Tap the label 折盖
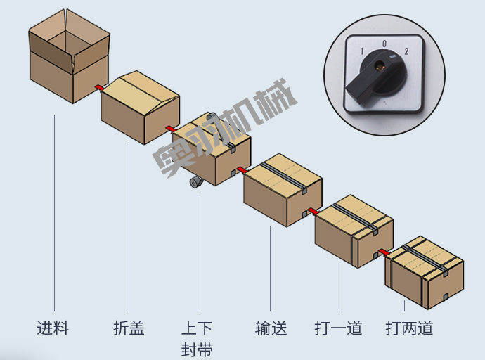(x=129, y=328)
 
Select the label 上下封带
(x=197, y=338)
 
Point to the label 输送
(x=271, y=328)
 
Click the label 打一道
(x=338, y=328)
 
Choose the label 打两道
(x=409, y=328)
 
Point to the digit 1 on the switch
(x=362, y=51)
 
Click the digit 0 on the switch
(x=384, y=44)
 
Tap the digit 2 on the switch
(x=406, y=51)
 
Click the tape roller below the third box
(x=195, y=183)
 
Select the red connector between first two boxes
(x=99, y=87)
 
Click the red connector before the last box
(x=384, y=252)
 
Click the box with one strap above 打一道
(x=353, y=230)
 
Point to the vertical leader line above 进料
(x=54, y=211)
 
